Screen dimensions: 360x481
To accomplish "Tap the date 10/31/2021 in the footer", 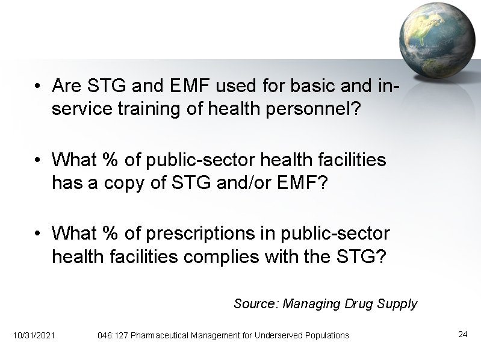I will pyautogui.click(x=34, y=335).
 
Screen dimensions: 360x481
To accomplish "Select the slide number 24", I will pyautogui.click(x=462, y=334).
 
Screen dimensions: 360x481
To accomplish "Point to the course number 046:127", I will pyautogui.click(x=113, y=335).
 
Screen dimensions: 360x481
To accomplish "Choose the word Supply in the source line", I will pyautogui.click(x=399, y=303).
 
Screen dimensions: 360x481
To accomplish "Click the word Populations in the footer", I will pyautogui.click(x=328, y=335).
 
